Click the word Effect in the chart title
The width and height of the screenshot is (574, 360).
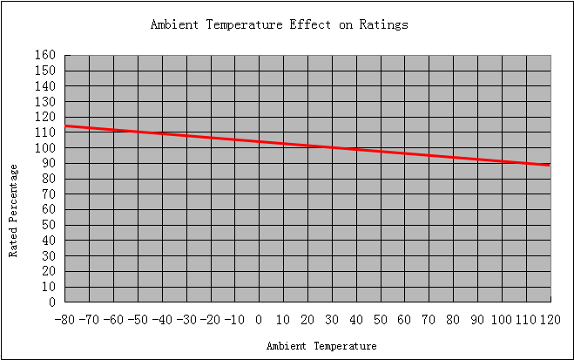[x=310, y=24]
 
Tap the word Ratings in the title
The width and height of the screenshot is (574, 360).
[x=383, y=25]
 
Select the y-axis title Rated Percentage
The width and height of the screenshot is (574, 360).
[x=13, y=211]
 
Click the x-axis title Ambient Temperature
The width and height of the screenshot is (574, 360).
[x=321, y=346]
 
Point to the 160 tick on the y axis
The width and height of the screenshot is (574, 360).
[x=45, y=55]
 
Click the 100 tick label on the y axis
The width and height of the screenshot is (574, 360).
[x=45, y=148]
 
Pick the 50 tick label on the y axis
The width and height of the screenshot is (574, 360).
[x=48, y=225]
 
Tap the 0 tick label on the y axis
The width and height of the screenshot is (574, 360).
[x=52, y=302]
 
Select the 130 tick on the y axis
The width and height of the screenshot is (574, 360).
[x=45, y=101]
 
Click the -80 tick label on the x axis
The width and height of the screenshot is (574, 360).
[x=64, y=320]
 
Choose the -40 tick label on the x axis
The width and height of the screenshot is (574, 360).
[x=162, y=320]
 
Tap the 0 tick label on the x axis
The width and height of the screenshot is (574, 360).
[x=259, y=320]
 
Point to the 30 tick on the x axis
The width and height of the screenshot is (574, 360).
[x=332, y=320]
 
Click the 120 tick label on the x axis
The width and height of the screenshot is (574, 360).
[x=550, y=320]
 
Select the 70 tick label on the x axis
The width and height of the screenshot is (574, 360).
[x=429, y=320]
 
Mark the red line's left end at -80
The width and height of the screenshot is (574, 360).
[x=65, y=126]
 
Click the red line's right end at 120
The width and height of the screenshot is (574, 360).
[x=550, y=165]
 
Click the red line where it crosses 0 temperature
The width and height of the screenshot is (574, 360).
[x=260, y=141]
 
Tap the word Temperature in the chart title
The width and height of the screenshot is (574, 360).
[x=244, y=25]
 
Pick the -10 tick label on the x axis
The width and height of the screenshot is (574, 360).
[x=234, y=320]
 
